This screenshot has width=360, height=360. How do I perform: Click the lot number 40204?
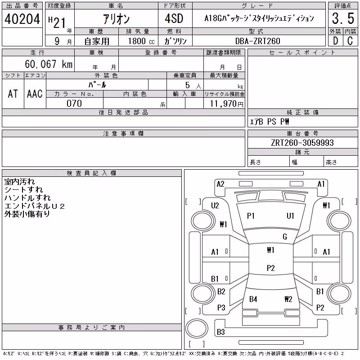(22, 19)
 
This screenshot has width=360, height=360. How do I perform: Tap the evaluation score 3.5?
(343, 18)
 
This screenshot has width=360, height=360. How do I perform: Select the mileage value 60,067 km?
(49, 64)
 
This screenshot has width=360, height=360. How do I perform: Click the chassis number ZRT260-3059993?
(302, 143)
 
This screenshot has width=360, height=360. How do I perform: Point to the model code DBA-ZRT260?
(257, 41)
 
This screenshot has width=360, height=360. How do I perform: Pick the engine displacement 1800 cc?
(141, 41)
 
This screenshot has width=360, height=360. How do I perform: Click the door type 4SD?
(174, 18)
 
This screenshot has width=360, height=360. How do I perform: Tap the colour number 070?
(74, 103)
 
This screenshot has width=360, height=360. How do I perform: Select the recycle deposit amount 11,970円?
(227, 104)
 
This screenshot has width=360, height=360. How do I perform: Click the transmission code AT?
(13, 94)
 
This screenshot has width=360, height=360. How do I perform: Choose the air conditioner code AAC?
(35, 94)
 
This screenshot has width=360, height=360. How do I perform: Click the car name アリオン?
(117, 19)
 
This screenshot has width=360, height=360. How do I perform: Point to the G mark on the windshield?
(285, 237)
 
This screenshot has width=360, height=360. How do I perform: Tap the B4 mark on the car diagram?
(253, 299)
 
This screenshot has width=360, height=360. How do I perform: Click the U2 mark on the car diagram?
(215, 206)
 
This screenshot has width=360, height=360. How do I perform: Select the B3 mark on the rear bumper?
(221, 332)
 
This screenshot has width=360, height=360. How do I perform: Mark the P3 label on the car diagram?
(221, 308)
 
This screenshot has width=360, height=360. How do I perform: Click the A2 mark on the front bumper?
(220, 184)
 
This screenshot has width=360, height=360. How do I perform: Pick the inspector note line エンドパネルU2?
(35, 206)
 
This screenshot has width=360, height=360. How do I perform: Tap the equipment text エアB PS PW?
(269, 121)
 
